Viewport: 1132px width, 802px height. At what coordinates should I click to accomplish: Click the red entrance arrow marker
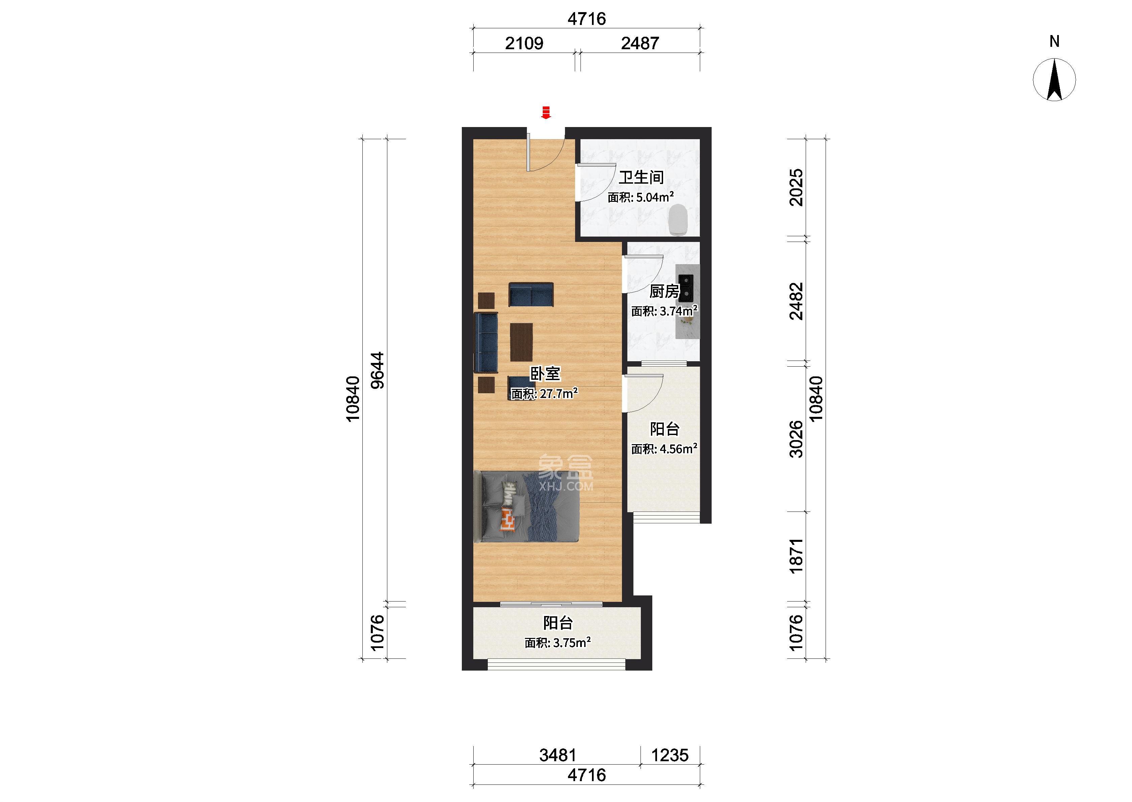coord(546,113)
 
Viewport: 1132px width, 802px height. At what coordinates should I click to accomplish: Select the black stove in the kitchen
coord(686,289)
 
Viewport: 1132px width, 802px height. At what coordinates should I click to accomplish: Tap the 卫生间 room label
coord(641,177)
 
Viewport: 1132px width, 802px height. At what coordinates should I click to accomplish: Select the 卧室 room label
coord(545,374)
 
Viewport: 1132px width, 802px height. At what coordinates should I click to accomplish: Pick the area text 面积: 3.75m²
coord(558,643)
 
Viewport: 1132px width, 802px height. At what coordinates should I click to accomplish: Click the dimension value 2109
coord(524,43)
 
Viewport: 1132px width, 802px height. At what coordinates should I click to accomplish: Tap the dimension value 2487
coord(640,43)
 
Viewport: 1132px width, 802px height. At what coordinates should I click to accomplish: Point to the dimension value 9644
coord(377,370)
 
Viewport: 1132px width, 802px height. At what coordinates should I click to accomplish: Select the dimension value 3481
coord(558,755)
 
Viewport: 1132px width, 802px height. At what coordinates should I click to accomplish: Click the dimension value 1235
coord(670,755)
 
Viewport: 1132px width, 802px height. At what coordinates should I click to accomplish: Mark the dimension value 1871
coord(796,556)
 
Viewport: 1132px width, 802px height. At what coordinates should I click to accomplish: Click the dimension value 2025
coord(796,188)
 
